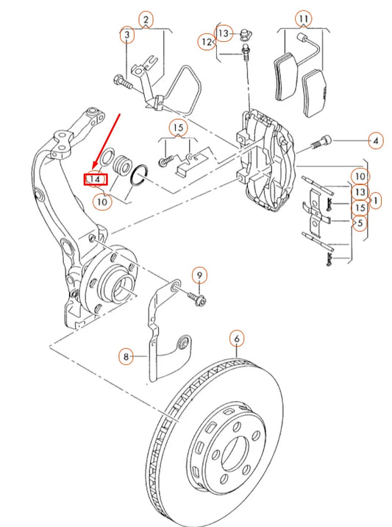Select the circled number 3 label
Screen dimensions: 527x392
(x=127, y=35)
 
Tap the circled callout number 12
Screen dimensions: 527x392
(x=208, y=43)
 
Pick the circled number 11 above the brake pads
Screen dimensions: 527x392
(x=303, y=18)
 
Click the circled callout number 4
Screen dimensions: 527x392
(x=376, y=139)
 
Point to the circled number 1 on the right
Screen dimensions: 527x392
(x=376, y=199)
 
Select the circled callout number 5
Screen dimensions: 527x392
(x=360, y=223)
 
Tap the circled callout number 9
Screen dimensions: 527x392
(x=199, y=275)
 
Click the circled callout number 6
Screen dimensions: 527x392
(x=237, y=339)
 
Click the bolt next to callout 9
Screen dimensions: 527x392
(x=196, y=298)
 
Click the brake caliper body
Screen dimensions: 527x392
(x=268, y=158)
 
